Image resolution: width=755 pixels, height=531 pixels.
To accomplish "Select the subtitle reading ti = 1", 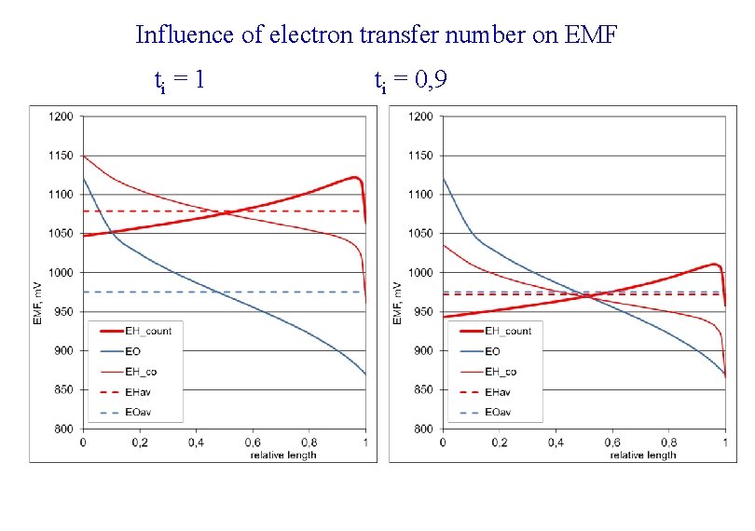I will tap(179, 82).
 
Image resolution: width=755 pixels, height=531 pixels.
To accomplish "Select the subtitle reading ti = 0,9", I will tap(410, 82).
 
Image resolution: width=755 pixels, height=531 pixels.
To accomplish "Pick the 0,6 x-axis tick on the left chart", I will tap(253, 442).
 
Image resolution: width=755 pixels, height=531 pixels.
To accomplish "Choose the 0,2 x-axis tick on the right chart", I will tap(499, 442).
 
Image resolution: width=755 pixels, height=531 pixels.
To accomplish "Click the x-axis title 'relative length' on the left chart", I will tap(283, 455).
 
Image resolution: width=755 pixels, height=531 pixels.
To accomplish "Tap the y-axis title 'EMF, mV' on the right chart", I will tap(398, 303).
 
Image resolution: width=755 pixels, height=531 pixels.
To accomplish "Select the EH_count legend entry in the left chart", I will tap(150, 331).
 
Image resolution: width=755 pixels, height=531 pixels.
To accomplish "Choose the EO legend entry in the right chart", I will tap(492, 351).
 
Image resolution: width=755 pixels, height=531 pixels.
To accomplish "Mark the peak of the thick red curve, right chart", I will tap(714, 264).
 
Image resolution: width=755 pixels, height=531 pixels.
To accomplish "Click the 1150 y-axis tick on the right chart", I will tap(421, 156).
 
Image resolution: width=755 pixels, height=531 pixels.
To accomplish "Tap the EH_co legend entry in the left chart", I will tap(144, 372).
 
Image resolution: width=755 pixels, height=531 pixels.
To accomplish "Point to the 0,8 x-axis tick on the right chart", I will tap(668, 442).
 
